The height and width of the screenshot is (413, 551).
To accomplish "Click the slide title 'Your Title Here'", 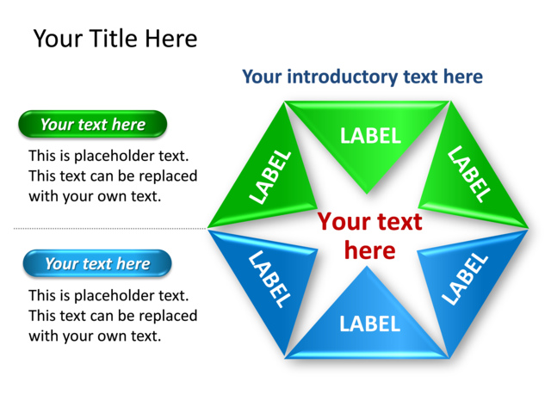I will (115, 39).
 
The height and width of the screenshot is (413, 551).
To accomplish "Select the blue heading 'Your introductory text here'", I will (362, 77).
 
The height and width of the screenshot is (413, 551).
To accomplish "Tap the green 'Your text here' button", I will (92, 125).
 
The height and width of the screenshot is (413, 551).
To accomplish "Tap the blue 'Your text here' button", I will (96, 264).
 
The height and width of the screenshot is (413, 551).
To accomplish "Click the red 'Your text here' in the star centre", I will (369, 236).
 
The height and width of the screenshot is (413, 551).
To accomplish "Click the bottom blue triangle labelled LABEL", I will (368, 321).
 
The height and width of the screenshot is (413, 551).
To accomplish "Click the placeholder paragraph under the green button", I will (112, 176).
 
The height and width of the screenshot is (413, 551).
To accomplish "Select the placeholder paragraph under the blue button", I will (112, 316).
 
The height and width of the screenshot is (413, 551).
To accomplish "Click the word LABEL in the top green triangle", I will (370, 135).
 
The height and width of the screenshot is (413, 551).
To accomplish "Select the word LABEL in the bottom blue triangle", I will (369, 324).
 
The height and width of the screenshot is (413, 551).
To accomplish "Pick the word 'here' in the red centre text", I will (369, 250).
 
